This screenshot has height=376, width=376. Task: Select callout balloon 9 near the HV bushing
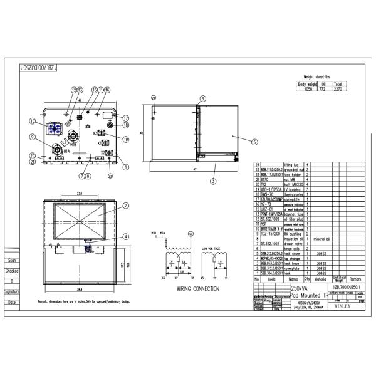coord(32,137)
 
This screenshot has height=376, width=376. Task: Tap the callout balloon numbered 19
coord(125,139)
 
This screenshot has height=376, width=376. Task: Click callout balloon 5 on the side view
coord(254,142)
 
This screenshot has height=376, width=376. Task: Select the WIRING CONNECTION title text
coord(198,289)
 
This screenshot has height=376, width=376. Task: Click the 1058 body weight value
coord(308,89)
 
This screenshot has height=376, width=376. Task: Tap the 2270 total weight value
coord(338,89)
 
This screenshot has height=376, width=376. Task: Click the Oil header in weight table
coord(323,83)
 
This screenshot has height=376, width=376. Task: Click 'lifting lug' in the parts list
coord(293,164)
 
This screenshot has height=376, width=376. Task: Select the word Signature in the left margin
coord(11,291)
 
